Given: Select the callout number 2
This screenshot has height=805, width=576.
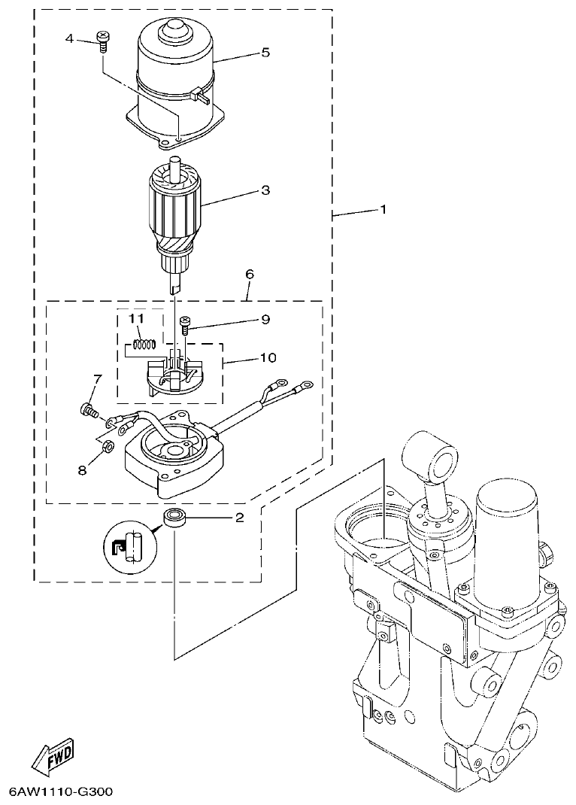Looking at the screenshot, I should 239,517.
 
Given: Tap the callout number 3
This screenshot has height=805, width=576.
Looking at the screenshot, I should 264,190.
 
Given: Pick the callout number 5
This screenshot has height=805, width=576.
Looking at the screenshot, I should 264,53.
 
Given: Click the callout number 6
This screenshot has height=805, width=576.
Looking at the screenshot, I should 249,275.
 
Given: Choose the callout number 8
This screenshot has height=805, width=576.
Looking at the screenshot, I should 82,469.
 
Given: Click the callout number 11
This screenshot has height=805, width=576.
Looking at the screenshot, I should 135,319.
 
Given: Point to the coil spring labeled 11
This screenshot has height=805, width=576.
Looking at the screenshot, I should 144,345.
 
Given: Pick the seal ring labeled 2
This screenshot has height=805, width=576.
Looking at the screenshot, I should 174,520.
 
